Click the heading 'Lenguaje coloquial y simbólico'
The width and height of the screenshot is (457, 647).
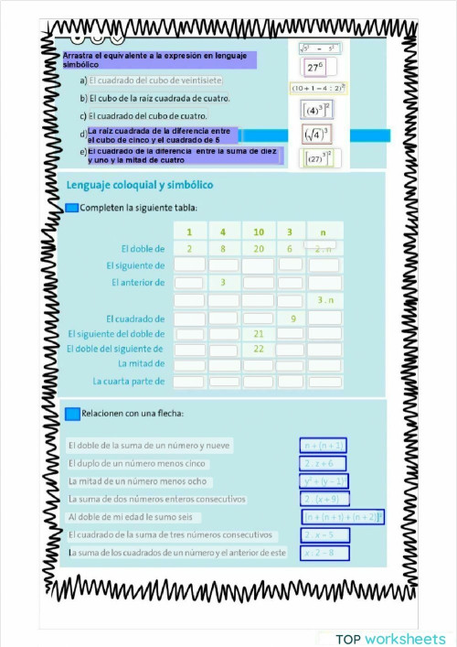[x=140, y=185]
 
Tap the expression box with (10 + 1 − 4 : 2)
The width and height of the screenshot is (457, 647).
[x=317, y=89]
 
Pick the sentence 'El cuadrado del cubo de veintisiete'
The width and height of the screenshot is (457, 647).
[x=156, y=81]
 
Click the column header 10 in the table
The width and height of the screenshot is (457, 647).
[x=258, y=232]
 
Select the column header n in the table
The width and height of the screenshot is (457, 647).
[x=324, y=232]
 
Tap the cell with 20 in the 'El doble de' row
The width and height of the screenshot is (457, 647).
[x=258, y=248]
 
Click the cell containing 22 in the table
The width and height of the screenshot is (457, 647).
[x=258, y=349]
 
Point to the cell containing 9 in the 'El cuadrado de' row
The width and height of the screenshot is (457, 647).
[x=292, y=318]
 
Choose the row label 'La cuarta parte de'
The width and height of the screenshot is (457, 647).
[x=129, y=381]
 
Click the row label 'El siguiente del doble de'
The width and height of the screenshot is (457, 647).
[x=116, y=333]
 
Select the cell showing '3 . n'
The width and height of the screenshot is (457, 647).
[x=324, y=299]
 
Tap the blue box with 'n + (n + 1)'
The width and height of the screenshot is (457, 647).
[x=324, y=446]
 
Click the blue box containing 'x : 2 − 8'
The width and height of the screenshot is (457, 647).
[x=324, y=552]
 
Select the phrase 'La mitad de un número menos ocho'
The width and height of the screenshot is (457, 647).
[x=138, y=481]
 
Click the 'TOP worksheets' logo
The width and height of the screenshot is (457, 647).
[x=390, y=638]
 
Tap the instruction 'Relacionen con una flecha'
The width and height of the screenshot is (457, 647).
[x=133, y=414]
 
